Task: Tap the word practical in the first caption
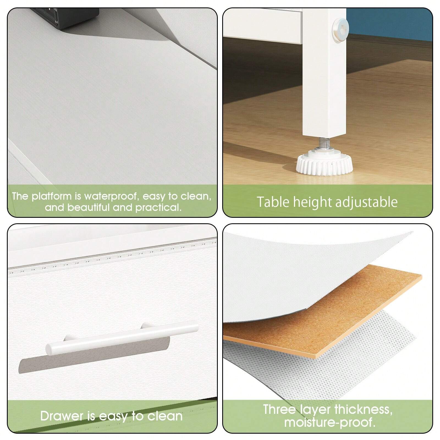159,207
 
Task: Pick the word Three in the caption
279,409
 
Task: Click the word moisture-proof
330,422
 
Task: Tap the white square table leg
325,71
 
